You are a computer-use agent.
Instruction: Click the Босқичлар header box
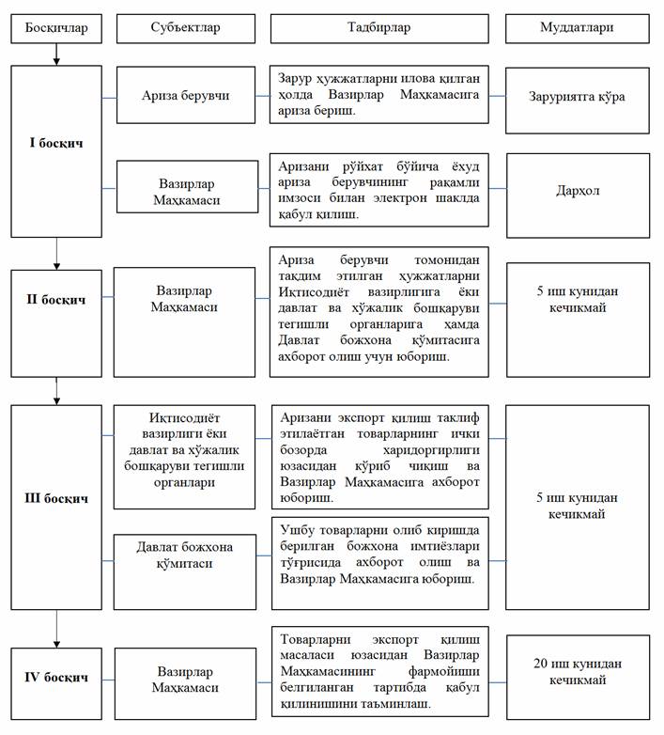[56, 27]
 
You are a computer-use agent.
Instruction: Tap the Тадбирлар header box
[379, 27]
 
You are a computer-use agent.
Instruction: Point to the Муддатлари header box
[578, 27]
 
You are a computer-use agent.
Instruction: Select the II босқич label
[56, 300]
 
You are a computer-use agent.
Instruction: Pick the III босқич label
[56, 497]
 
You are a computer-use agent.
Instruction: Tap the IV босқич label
[56, 677]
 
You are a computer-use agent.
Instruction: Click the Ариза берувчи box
[185, 95]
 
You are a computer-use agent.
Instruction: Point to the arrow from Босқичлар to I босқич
[56, 55]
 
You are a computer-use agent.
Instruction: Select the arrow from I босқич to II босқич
[56, 253]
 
